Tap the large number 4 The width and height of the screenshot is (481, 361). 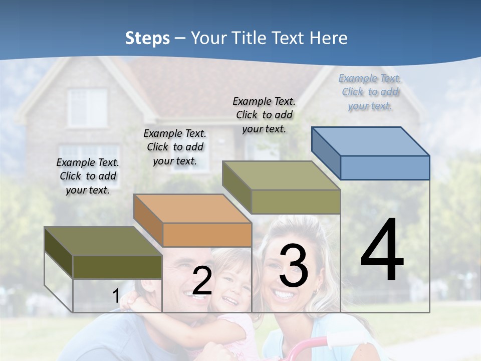(x=382, y=250)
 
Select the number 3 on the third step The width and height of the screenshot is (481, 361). (x=294, y=266)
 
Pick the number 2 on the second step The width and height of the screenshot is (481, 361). (x=202, y=281)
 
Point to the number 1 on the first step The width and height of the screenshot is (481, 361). (x=116, y=296)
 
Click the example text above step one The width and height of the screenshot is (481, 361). (x=88, y=176)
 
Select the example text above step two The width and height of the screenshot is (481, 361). (x=175, y=147)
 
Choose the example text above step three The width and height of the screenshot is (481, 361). (x=264, y=115)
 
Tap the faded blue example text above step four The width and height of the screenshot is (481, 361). (x=370, y=92)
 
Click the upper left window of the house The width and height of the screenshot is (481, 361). (x=87, y=108)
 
